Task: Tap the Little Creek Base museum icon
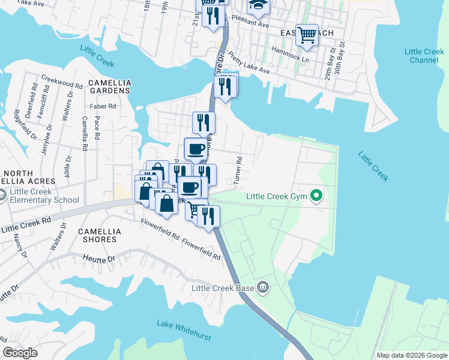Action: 262,287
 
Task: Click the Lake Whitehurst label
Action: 184,331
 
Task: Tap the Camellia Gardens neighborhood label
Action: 109,86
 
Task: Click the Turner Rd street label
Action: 239,170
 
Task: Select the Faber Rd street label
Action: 102,106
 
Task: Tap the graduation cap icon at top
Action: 259,5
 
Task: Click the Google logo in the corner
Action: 20,353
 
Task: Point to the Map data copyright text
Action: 412,355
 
